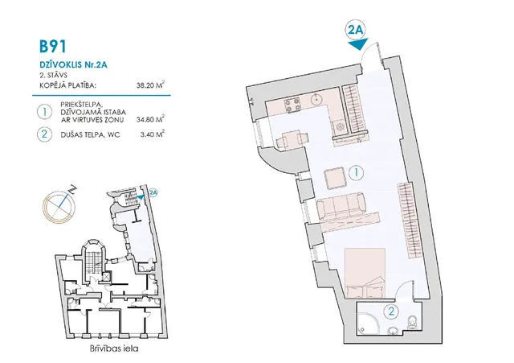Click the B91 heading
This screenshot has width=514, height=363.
[x=53, y=46]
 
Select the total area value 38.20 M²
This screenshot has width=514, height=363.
[x=150, y=85]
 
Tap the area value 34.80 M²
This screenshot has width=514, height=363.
[x=150, y=119]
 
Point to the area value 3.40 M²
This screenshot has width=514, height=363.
[x=153, y=134]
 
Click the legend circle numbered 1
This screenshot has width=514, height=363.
[x=44, y=112]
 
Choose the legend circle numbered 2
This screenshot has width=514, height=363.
[x=44, y=134]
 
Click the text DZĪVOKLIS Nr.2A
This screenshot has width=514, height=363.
[x=73, y=64]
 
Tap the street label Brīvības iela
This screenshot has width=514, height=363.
[x=114, y=349]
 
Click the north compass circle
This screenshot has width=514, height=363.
[x=59, y=206]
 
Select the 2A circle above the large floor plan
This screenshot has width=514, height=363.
[x=356, y=31]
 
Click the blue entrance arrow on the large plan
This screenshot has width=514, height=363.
[x=357, y=44]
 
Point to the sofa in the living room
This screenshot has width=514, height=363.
[x=341, y=206]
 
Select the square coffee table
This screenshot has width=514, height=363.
[x=335, y=178]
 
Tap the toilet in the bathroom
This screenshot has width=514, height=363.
[x=412, y=322]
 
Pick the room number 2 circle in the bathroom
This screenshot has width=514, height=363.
[x=391, y=311]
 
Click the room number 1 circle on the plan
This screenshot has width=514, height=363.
[x=357, y=172]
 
